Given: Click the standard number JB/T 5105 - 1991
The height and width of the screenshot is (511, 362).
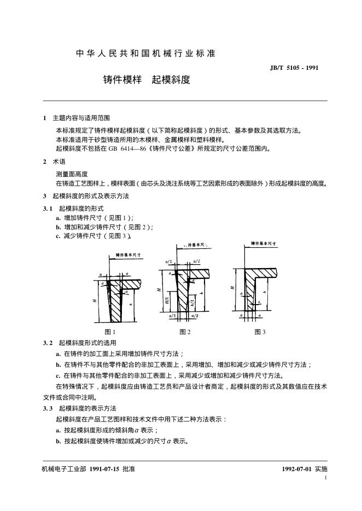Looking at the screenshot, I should pyautogui.click(x=294, y=68).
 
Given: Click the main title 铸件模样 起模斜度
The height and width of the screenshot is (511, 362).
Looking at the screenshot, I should pyautogui.click(x=147, y=80).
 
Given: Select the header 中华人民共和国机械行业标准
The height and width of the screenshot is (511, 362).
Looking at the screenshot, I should pyautogui.click(x=145, y=54).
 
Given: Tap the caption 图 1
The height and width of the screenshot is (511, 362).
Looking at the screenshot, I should pyautogui.click(x=110, y=332).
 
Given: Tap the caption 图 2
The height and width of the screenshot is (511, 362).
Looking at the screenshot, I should pyautogui.click(x=185, y=332).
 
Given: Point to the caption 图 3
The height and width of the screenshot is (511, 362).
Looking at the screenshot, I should pyautogui.click(x=260, y=332).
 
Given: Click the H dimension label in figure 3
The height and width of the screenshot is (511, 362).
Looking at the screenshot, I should pyautogui.click(x=233, y=287).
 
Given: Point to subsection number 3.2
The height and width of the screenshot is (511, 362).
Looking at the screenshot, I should pyautogui.click(x=48, y=342).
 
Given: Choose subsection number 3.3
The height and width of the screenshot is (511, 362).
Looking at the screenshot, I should pyautogui.click(x=48, y=408).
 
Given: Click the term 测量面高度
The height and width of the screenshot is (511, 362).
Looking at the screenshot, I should pyautogui.click(x=72, y=173).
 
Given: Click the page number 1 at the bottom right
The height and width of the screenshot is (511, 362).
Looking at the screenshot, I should pyautogui.click(x=325, y=478).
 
